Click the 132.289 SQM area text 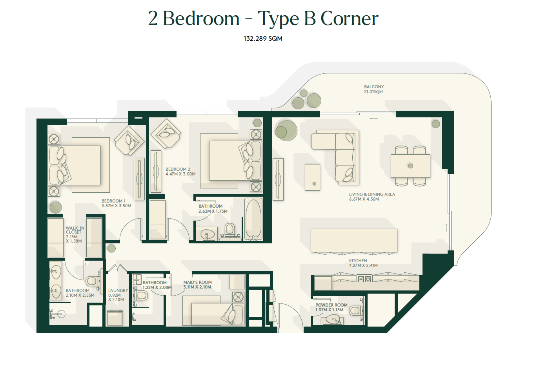263,38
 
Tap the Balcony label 374,87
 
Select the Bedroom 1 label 113,201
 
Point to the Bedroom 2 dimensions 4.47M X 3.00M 180,174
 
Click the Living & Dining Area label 372,194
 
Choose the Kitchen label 358,261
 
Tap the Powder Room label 331,305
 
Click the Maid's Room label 197,282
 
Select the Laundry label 118,290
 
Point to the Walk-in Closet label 75,230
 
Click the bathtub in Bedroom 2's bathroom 253,219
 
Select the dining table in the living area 410,166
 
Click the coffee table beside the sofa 312,177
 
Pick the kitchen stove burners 364,279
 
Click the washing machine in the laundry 115,318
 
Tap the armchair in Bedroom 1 129,141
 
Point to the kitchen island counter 354,241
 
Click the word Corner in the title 350,18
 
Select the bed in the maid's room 214,311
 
